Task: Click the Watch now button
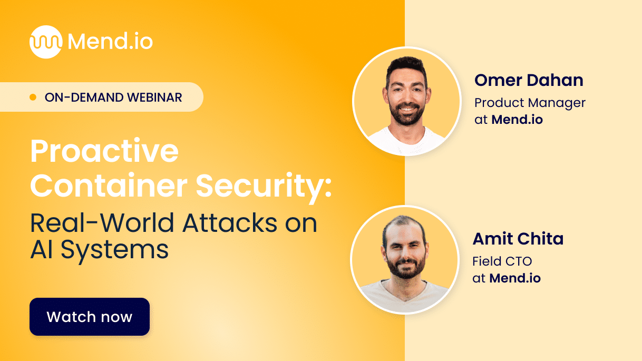click(x=90, y=317)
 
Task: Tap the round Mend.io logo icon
click(x=46, y=42)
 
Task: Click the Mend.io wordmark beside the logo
click(x=110, y=42)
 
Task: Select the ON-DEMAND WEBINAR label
click(x=113, y=97)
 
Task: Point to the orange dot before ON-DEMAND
click(x=33, y=97)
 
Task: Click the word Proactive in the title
click(x=104, y=152)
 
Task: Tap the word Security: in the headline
click(x=264, y=185)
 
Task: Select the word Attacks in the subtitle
click(x=230, y=223)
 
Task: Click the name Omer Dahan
click(x=529, y=80)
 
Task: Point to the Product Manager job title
click(x=530, y=103)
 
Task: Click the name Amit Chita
click(x=518, y=239)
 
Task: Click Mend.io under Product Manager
click(x=517, y=120)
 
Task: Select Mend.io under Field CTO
click(x=515, y=278)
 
